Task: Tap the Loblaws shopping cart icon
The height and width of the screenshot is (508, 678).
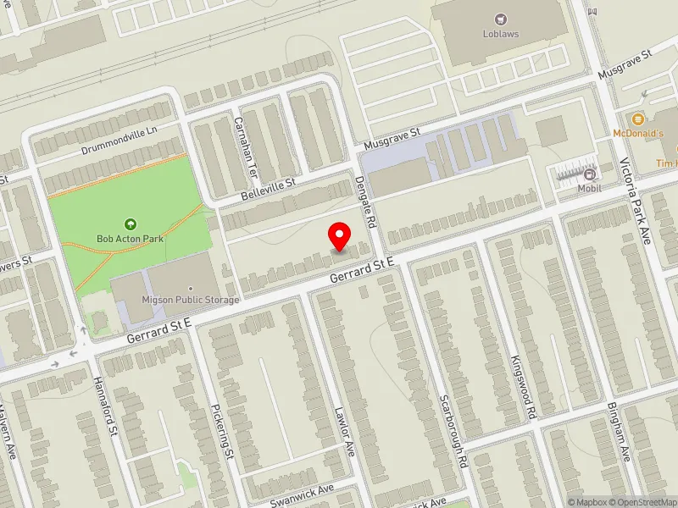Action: click(502, 19)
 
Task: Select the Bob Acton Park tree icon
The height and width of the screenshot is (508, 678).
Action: click(130, 224)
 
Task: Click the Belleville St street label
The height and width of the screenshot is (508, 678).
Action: click(267, 189)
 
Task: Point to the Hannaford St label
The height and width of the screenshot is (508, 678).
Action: click(107, 407)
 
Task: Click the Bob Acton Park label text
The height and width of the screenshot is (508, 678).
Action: click(130, 239)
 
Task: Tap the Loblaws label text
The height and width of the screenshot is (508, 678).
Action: click(502, 34)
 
